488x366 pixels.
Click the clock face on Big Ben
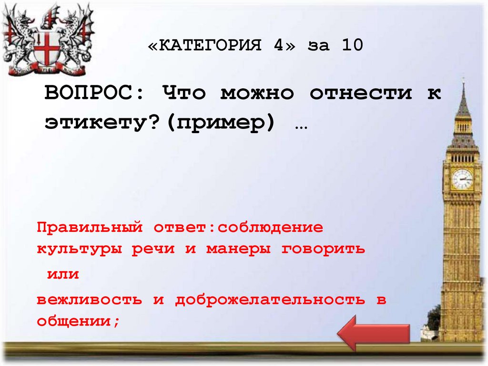click(x=462, y=179)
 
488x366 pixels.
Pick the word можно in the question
click(x=257, y=93)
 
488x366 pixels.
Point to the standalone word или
click(x=62, y=274)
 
